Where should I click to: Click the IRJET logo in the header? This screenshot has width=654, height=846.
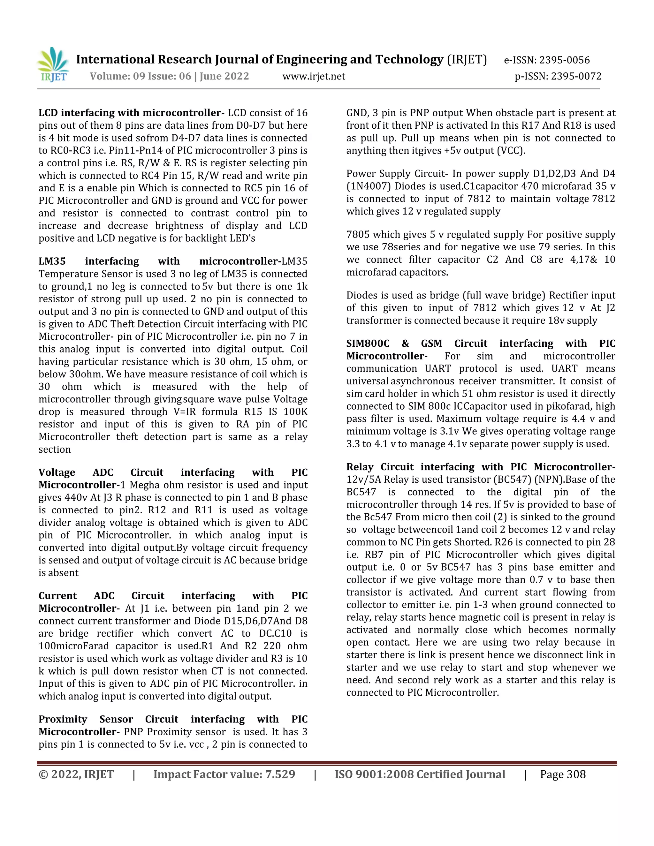coord(53,65)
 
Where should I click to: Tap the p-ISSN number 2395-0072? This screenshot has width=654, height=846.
coord(576,76)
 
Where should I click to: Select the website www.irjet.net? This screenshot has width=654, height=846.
coord(314,76)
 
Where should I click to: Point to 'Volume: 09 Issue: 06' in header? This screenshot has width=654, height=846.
coord(140,76)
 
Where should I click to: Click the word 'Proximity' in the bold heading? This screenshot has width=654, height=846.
coord(62,719)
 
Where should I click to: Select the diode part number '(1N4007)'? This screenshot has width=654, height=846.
coord(369,186)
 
